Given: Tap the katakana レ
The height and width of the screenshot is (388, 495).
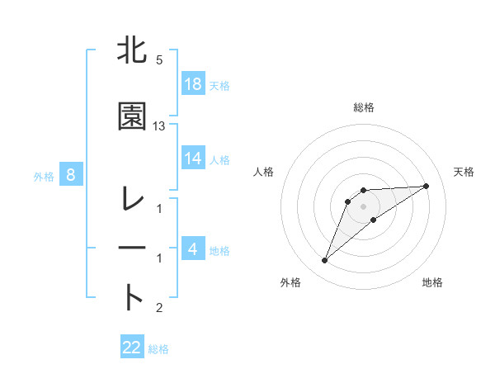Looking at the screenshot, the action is [x=133, y=199].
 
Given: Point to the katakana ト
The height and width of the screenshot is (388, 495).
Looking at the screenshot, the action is [x=133, y=298].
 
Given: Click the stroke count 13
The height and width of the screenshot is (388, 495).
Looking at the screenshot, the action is [x=159, y=125].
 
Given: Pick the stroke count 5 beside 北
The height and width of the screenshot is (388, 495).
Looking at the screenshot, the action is [x=158, y=60].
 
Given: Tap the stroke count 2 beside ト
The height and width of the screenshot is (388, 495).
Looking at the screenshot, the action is [x=158, y=308].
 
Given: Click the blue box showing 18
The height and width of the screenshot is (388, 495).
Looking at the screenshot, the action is [x=193, y=85].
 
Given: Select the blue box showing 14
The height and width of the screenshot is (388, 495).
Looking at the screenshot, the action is [x=193, y=159].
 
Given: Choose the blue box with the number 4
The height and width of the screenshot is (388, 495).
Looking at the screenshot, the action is [x=193, y=249].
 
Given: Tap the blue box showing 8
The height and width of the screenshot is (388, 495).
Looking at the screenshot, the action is [x=71, y=175].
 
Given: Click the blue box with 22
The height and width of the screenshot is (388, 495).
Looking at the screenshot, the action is [x=132, y=348].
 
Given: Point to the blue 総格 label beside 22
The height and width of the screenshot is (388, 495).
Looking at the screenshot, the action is [x=158, y=349].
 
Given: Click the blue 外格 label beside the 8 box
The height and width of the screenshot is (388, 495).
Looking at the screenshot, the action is [x=44, y=176].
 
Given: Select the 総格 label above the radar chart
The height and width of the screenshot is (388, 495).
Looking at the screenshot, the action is [x=364, y=107].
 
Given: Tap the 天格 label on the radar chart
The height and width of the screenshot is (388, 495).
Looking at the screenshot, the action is [x=464, y=172].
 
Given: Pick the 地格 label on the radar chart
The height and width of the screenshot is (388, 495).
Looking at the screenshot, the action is [x=432, y=282].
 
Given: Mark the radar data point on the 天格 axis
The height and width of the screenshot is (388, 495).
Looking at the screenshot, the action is [x=427, y=186].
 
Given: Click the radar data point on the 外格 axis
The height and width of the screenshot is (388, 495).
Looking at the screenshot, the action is [x=325, y=261].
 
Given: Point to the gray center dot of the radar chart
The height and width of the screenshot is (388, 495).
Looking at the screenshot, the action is [x=364, y=206].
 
